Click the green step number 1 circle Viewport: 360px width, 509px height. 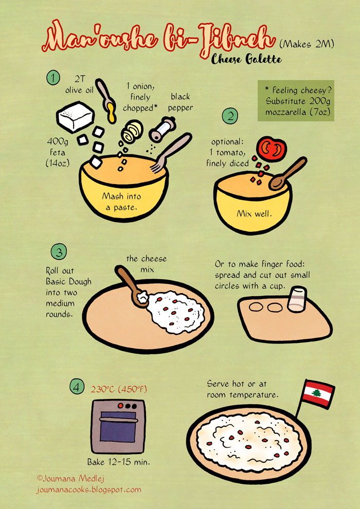(x=53, y=78)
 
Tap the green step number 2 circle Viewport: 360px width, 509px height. (x=230, y=116)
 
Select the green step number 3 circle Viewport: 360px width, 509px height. (x=59, y=252)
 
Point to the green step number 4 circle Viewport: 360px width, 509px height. (x=77, y=387)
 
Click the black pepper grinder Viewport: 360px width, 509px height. (x=162, y=129)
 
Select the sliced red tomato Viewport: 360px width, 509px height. (x=272, y=149)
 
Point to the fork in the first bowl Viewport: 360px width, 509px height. (x=171, y=153)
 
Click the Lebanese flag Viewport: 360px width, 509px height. (x=318, y=394)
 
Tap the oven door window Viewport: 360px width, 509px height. (x=117, y=426)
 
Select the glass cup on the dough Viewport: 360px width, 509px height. (x=297, y=299)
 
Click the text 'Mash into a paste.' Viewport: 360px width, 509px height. (x=121, y=202)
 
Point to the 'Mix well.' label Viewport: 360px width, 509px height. (x=254, y=213)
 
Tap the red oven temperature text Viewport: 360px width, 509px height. (x=119, y=389)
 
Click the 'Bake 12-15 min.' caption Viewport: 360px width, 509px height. (x=118, y=462)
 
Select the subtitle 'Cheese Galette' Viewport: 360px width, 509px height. (x=246, y=60)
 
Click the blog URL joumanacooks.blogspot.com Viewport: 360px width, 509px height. (x=88, y=489)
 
